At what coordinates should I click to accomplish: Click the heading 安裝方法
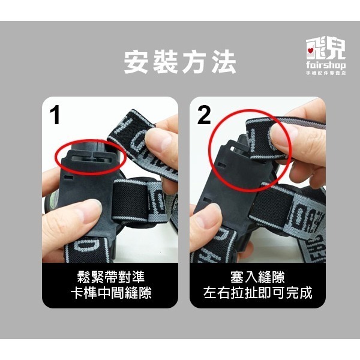point(179,62)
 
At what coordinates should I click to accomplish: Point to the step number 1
point(56,115)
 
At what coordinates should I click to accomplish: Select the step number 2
point(204,115)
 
